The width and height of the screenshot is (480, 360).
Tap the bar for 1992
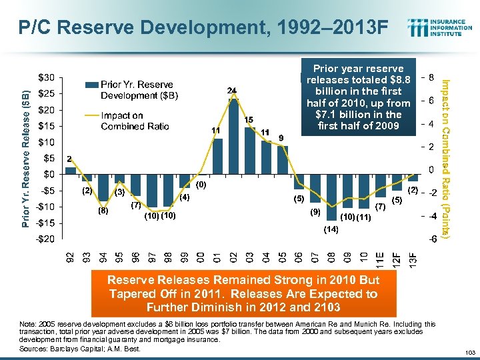coord(70,171)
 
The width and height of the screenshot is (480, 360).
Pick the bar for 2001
coord(217,157)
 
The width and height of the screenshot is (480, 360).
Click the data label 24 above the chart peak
coord(232,90)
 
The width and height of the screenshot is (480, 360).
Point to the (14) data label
coord(331,230)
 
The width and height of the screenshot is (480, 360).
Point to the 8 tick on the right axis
coord(432,77)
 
